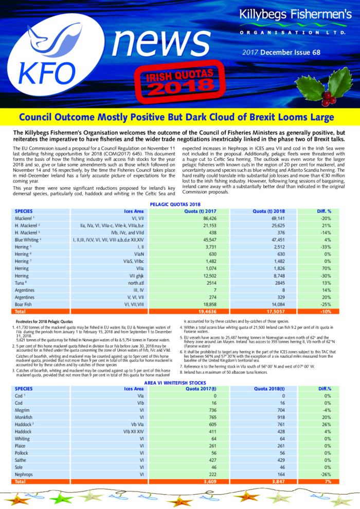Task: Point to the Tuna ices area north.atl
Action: coord(139,283)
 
